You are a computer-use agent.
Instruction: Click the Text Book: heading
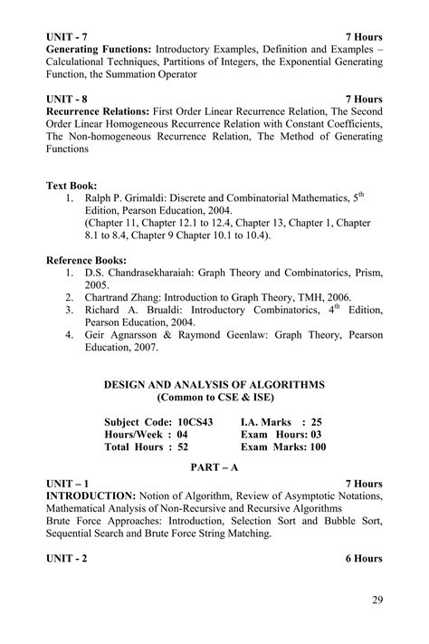pos(71,185)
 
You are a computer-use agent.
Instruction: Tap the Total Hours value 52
pos(183,447)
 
